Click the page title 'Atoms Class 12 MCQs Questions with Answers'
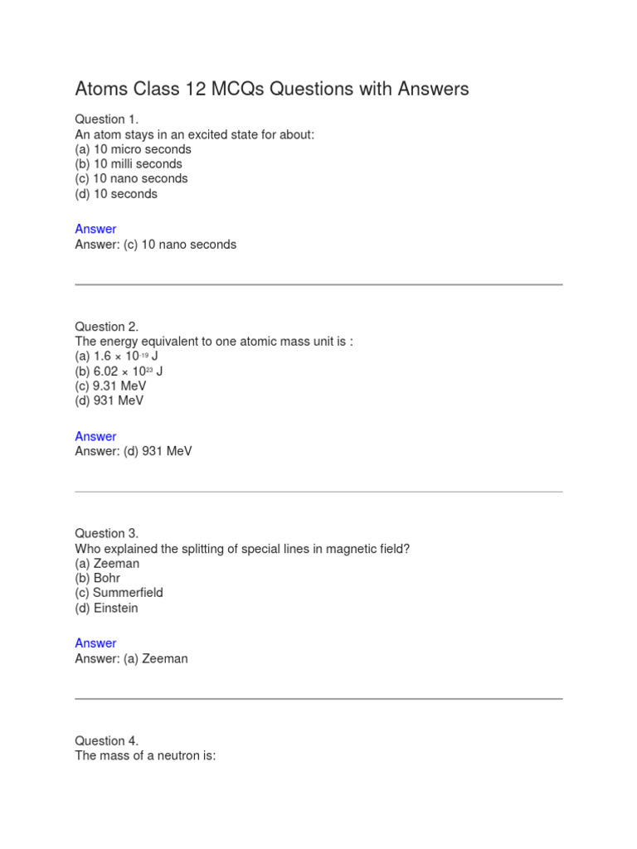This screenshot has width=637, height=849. click(272, 89)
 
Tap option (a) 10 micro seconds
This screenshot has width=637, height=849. click(133, 149)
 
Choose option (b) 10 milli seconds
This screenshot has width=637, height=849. click(129, 164)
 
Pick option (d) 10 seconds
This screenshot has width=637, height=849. click(116, 194)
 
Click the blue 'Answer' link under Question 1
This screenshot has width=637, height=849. click(95, 229)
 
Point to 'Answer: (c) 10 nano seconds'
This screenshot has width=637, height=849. click(156, 245)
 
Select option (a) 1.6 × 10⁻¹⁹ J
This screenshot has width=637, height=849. click(117, 357)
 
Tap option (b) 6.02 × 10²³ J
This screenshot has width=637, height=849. click(119, 371)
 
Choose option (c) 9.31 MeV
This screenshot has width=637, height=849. click(109, 386)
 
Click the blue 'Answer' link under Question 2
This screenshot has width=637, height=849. click(95, 436)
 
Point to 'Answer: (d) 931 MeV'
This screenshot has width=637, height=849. click(134, 452)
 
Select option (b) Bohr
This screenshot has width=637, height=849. click(97, 578)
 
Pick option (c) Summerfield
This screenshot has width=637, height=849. click(119, 593)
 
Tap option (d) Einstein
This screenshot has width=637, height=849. click(107, 608)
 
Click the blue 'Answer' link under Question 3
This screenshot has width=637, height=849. click(95, 643)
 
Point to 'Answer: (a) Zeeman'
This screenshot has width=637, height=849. click(132, 659)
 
